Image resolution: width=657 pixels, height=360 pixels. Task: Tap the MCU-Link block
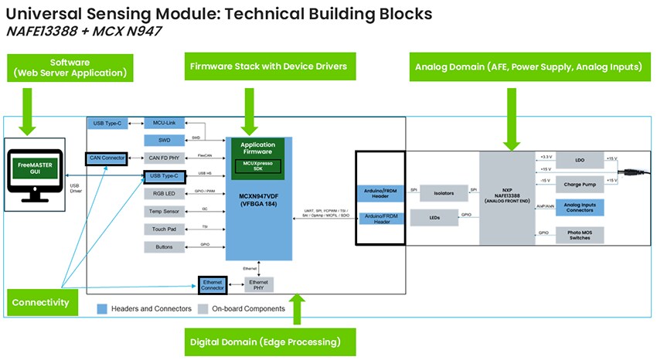click(164, 124)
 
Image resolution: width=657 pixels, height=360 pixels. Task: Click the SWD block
click(164, 141)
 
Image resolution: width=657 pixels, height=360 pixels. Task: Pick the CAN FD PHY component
click(164, 158)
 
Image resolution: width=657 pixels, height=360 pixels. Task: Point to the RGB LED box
click(164, 194)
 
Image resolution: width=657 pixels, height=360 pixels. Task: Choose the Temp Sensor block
click(164, 212)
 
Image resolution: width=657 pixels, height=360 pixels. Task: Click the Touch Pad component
click(164, 229)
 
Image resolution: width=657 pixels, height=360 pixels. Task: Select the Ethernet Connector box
click(212, 284)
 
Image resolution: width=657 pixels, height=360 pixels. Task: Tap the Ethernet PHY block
click(259, 284)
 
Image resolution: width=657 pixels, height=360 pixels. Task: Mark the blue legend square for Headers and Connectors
click(101, 309)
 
